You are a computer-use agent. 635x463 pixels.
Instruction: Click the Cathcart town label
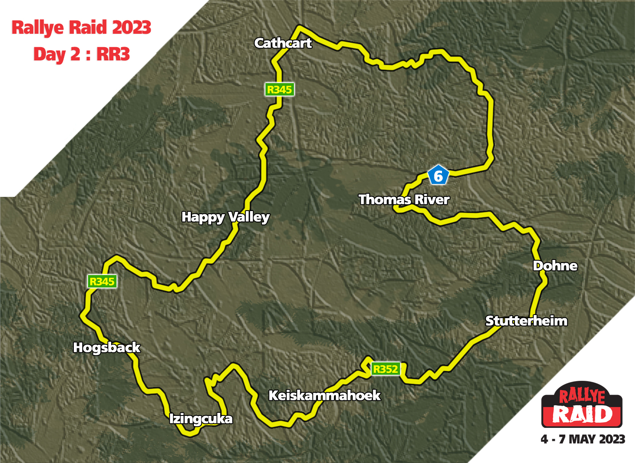coord(283,43)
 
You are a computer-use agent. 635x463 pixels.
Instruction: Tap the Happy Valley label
coord(225,217)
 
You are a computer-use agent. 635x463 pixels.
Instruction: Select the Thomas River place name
coord(404,200)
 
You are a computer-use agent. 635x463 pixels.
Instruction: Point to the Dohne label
coord(555,266)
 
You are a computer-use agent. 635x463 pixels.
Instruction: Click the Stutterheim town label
coord(526,321)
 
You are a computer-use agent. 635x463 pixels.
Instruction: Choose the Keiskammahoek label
coord(325,395)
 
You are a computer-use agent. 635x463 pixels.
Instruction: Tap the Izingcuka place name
coord(201,419)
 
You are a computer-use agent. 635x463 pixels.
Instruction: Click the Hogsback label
coord(107,347)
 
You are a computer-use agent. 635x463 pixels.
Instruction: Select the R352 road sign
coord(385,369)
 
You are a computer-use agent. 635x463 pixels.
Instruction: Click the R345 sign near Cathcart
coord(279,89)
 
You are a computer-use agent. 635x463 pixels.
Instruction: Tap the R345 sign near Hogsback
coord(102,281)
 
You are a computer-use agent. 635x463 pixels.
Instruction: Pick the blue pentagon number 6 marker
coord(438,176)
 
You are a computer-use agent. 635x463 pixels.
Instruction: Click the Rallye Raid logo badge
coord(582,405)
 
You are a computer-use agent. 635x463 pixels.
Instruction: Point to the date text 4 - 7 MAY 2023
coord(583,439)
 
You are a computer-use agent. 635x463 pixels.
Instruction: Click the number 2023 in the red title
coord(131,28)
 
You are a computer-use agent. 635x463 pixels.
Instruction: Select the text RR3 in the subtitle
coord(113,54)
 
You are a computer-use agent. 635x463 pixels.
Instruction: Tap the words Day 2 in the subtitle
coord(57,54)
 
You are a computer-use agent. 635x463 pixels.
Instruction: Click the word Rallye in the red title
coord(38,28)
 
